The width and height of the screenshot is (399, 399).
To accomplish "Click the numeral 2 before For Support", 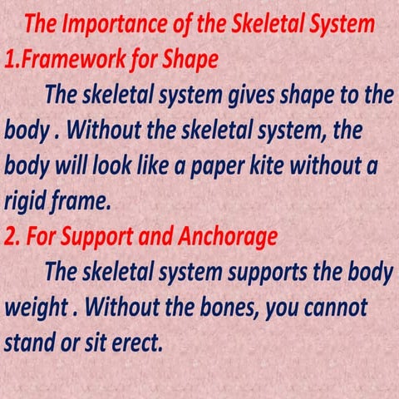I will pos(10,237).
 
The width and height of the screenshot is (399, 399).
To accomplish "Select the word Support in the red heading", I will pos(91,238).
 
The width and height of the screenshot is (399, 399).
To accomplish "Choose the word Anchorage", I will pos(225,238).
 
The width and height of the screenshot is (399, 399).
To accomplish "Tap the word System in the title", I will pos(342,24).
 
